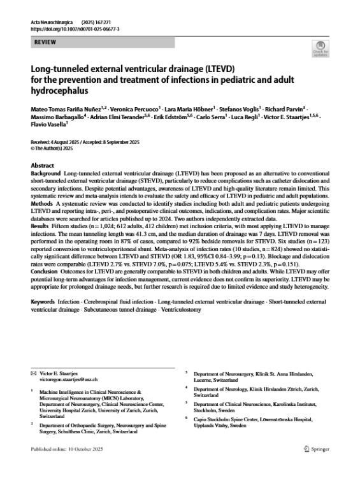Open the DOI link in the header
pyautogui.click(x=75, y=29)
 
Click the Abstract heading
pyautogui.click(x=42, y=164)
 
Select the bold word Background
pyautogui.click(x=46, y=173)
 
